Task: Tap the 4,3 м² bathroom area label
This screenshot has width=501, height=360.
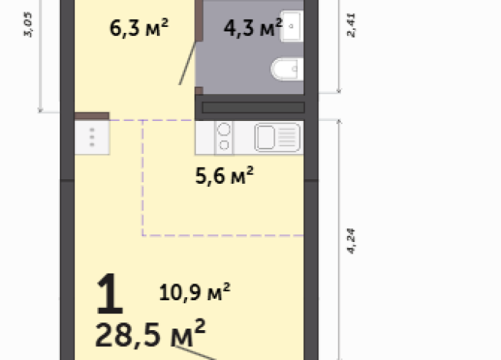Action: point(252,28)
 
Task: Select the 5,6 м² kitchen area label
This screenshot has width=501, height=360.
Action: point(223,176)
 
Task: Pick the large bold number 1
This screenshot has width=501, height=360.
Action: point(110,296)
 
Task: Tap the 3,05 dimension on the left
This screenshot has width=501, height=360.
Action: point(29,34)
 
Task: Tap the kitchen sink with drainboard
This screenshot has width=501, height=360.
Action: point(277,138)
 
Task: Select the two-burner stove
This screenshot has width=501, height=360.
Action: point(224,138)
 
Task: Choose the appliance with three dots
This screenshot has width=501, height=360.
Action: point(92,137)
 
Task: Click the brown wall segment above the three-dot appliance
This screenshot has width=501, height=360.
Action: point(92,116)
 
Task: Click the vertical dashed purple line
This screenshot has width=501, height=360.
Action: point(142,176)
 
